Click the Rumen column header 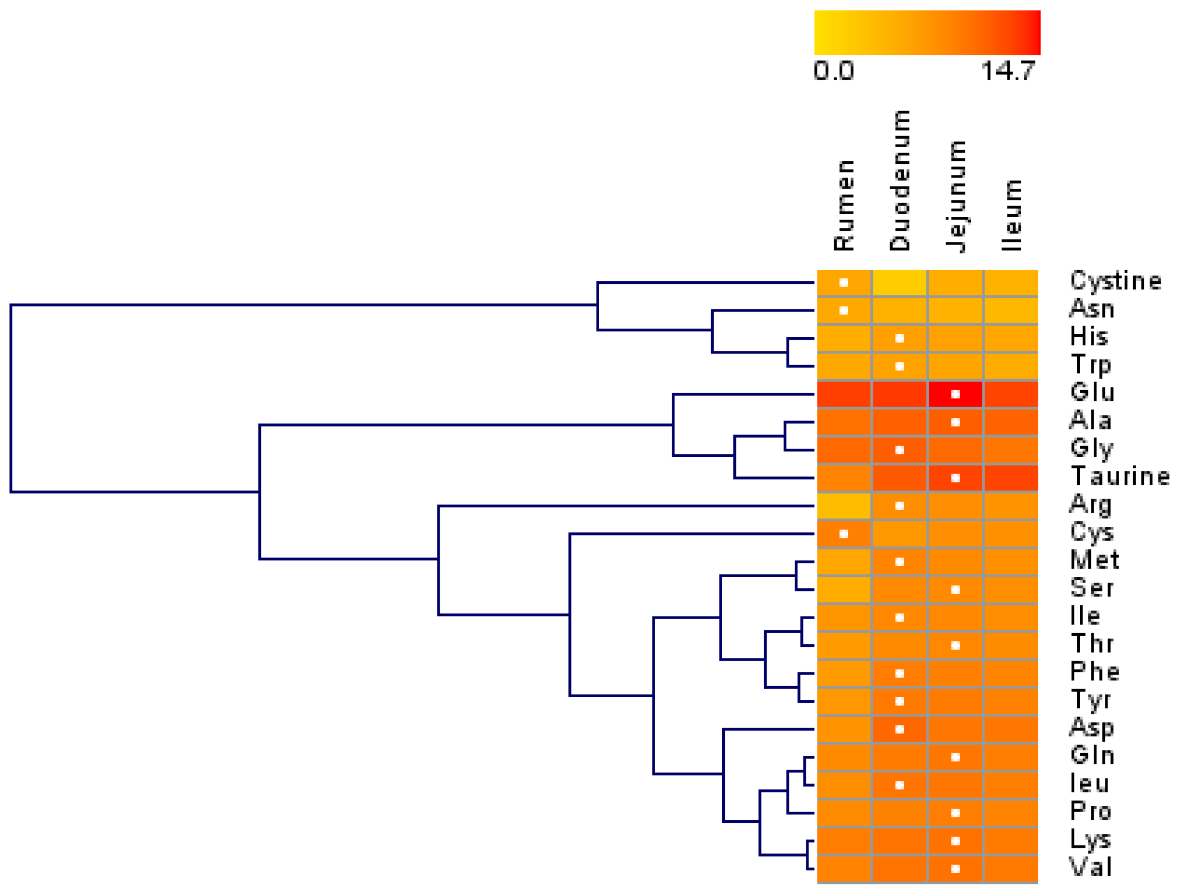tap(844, 205)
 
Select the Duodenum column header tap(899, 180)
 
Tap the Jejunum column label tap(956, 196)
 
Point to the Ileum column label tap(1012, 215)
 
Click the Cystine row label tap(1115, 281)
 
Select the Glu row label tap(1092, 392)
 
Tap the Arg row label tap(1090, 505)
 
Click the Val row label tap(1090, 867)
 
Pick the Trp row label tap(1090, 365)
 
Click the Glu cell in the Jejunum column tap(955, 394)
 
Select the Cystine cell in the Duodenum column tap(899, 283)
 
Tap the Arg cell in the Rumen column tap(843, 506)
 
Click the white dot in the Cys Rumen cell tap(843, 534)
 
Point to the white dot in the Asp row tap(899, 729)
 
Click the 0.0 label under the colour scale tap(833, 71)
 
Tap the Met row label tap(1095, 560)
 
